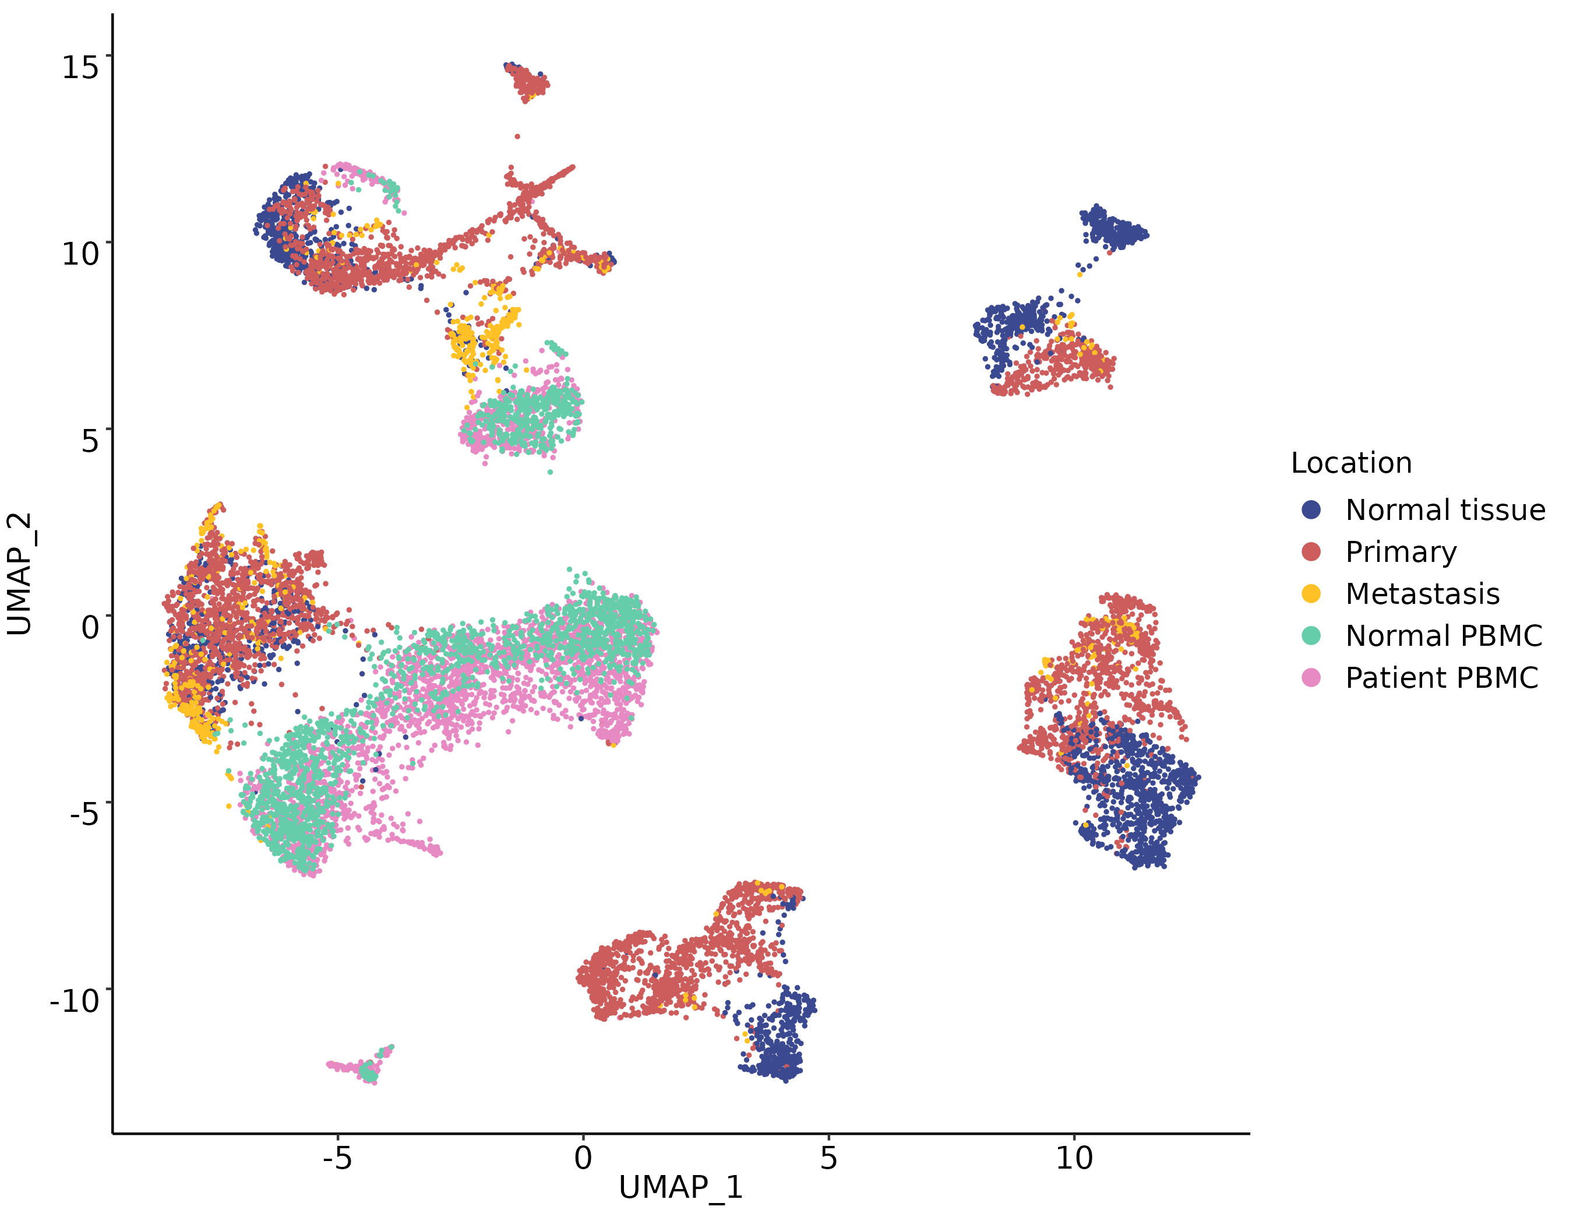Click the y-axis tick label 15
click(80, 67)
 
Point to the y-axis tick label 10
click(80, 254)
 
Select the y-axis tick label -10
click(74, 1001)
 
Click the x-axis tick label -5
click(337, 1158)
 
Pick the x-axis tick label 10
click(1074, 1158)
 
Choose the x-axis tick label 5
click(828, 1158)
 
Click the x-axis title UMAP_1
click(680, 1188)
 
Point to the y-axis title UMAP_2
click(19, 574)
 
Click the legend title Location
click(1351, 463)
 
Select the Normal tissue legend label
click(1445, 510)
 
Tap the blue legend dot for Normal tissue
click(1311, 510)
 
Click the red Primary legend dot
click(1311, 552)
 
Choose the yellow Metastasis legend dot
click(1311, 593)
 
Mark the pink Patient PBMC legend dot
click(1311, 678)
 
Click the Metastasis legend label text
click(1423, 593)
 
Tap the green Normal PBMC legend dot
click(1311, 636)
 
